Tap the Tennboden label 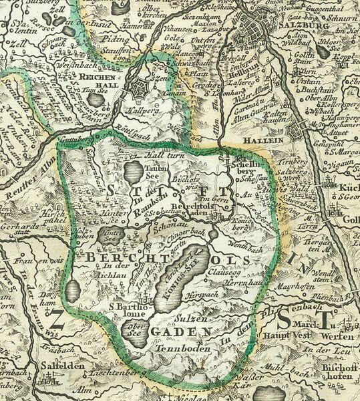[180, 348]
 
